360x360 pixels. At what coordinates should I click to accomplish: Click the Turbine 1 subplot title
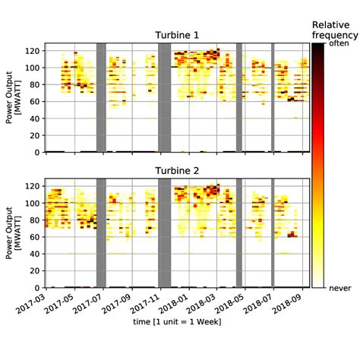(176, 36)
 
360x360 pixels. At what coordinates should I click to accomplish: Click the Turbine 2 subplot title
(176, 171)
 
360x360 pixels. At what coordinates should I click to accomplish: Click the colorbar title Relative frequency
(335, 29)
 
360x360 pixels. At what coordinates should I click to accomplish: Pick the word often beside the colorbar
(337, 44)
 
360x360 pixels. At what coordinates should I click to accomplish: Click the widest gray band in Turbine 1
(164, 97)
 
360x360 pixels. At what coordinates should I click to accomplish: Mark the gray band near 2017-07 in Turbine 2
(101, 233)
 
